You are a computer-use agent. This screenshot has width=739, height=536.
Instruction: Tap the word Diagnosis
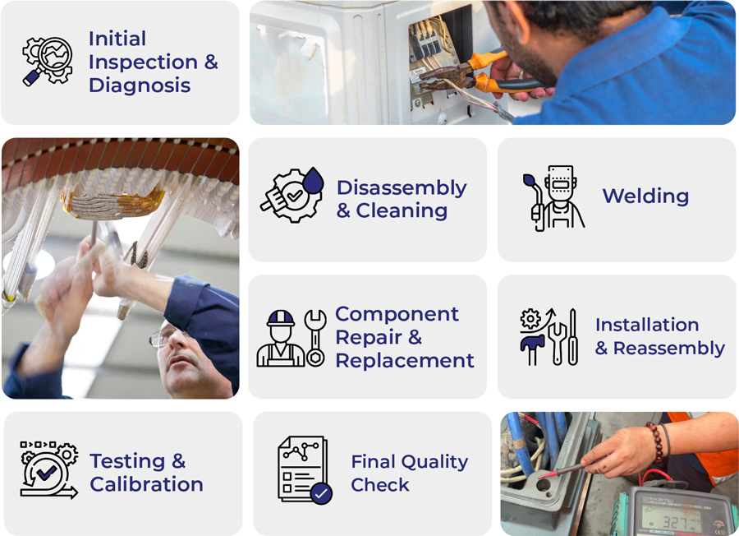140,85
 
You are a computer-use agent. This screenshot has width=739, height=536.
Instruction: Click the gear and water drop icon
292,195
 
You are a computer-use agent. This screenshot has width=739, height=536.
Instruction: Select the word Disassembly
402,188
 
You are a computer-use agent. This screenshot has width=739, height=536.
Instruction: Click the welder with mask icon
553,198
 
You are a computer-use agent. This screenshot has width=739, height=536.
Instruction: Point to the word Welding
645,196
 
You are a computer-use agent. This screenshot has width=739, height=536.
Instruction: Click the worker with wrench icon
291,339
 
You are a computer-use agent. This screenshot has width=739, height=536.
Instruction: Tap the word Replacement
405,360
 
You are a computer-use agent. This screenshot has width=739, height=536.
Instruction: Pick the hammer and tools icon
549,337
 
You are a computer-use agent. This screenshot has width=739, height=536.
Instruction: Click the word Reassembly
669,349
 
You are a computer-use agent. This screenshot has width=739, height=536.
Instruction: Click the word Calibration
147,484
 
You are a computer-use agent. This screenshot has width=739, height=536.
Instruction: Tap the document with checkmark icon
305,470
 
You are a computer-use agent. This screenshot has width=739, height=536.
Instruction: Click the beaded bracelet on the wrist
655,442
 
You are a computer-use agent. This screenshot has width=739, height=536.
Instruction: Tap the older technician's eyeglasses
162,336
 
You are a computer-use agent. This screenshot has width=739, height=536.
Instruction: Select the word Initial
117,39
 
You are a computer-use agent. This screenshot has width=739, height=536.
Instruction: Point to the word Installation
647,325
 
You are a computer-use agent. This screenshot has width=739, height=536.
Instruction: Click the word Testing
138,461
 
